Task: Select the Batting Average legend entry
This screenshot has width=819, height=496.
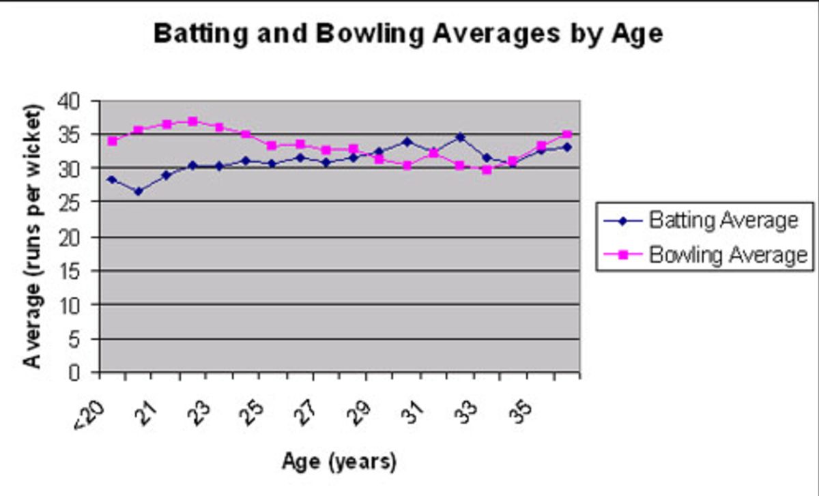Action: [723, 220]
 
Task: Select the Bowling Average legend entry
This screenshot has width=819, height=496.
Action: [728, 255]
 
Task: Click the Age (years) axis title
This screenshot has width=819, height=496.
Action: [339, 462]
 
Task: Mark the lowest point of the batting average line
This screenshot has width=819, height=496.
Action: [139, 192]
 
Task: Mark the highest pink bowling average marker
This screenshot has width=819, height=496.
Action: [192, 121]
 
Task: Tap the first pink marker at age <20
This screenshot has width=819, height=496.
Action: [113, 141]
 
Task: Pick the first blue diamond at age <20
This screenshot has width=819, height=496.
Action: [113, 179]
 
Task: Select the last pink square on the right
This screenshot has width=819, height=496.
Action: [566, 134]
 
